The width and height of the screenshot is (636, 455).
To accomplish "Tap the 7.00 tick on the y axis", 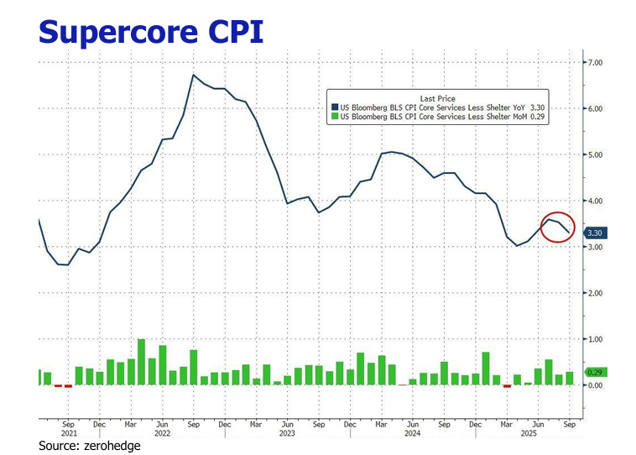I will tap(596, 63).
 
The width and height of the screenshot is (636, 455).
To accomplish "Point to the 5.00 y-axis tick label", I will tap(596, 155).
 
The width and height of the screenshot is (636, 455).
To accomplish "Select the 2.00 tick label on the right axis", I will tap(596, 293).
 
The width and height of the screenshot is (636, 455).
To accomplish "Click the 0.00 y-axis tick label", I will tap(596, 385).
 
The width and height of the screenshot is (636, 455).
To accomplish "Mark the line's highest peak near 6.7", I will tap(194, 75).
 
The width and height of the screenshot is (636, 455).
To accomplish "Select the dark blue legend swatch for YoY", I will tap(333, 107).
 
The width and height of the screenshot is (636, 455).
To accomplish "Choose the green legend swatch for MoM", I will tap(333, 118).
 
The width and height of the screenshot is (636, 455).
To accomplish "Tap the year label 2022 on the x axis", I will tap(162, 435).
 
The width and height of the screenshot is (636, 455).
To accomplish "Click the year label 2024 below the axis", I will tap(411, 435).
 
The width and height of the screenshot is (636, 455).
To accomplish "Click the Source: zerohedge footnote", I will tap(90, 447).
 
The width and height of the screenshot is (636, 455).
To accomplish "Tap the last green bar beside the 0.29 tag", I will tap(569, 379).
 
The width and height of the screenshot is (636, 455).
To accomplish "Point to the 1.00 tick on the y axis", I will tap(596, 339).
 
